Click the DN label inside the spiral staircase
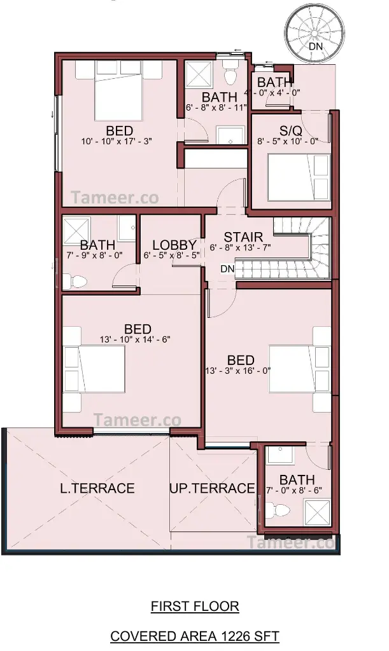[316, 46]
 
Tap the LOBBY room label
[174, 245]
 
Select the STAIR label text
[244, 237]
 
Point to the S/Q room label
[290, 131]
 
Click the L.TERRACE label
[97, 488]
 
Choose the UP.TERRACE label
[212, 488]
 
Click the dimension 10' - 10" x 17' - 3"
[117, 141]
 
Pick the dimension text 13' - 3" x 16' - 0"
[238, 371]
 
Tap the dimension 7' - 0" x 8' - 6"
[294, 490]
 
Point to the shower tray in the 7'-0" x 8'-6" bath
[318, 514]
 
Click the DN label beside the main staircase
[228, 269]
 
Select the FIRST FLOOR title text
[195, 606]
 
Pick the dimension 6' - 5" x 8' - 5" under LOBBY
[172, 255]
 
